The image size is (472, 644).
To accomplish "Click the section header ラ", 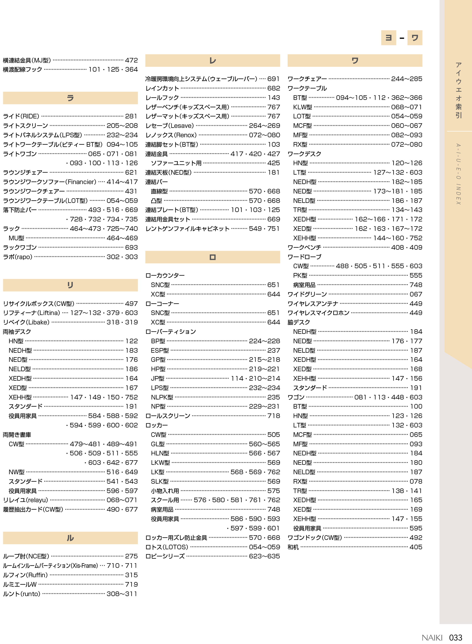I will click(x=70, y=98).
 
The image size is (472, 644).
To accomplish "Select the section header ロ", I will click(x=213, y=257).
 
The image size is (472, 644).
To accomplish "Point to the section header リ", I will click(x=70, y=285).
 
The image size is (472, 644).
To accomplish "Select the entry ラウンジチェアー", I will click(x=25, y=173).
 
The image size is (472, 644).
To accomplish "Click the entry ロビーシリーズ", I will click(x=165, y=556).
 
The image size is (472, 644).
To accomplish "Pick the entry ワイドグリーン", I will click(x=307, y=294).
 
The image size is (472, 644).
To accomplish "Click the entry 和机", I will click(x=293, y=547).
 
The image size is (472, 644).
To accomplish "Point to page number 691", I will click(x=273, y=79).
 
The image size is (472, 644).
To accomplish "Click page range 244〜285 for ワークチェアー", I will click(x=407, y=79).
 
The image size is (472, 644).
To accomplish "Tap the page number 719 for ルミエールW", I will click(x=132, y=584).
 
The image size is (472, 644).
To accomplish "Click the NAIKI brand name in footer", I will click(x=432, y=638).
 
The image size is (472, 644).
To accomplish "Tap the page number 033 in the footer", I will click(x=456, y=638).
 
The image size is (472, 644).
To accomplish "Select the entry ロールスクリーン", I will click(x=168, y=416).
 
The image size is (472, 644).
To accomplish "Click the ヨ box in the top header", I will click(x=389, y=38).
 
